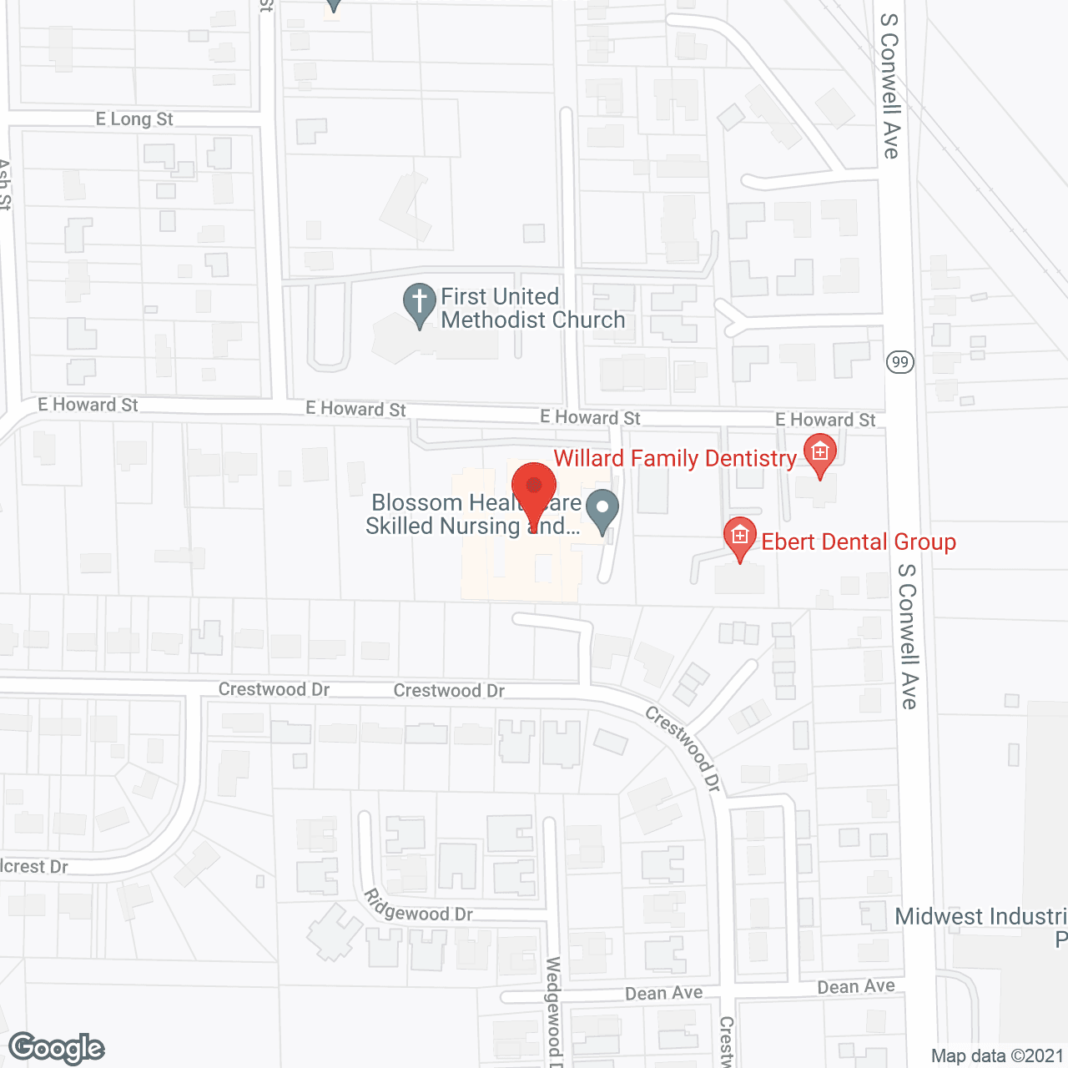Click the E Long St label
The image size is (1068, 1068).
[134, 119]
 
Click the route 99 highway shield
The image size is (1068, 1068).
[900, 361]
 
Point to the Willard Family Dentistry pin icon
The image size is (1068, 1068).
[819, 454]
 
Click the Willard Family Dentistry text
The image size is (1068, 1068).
[675, 458]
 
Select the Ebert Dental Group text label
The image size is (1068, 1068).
[859, 542]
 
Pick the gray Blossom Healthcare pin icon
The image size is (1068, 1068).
[602, 509]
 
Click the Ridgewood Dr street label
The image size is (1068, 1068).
[418, 907]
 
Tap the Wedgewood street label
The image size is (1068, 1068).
[553, 1010]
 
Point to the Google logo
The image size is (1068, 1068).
[57, 1048]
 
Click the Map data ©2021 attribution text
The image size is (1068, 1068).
[998, 1056]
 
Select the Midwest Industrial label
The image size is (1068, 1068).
[980, 917]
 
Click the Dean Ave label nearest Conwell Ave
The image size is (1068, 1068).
[856, 987]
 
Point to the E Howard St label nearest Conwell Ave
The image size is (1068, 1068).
[825, 420]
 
